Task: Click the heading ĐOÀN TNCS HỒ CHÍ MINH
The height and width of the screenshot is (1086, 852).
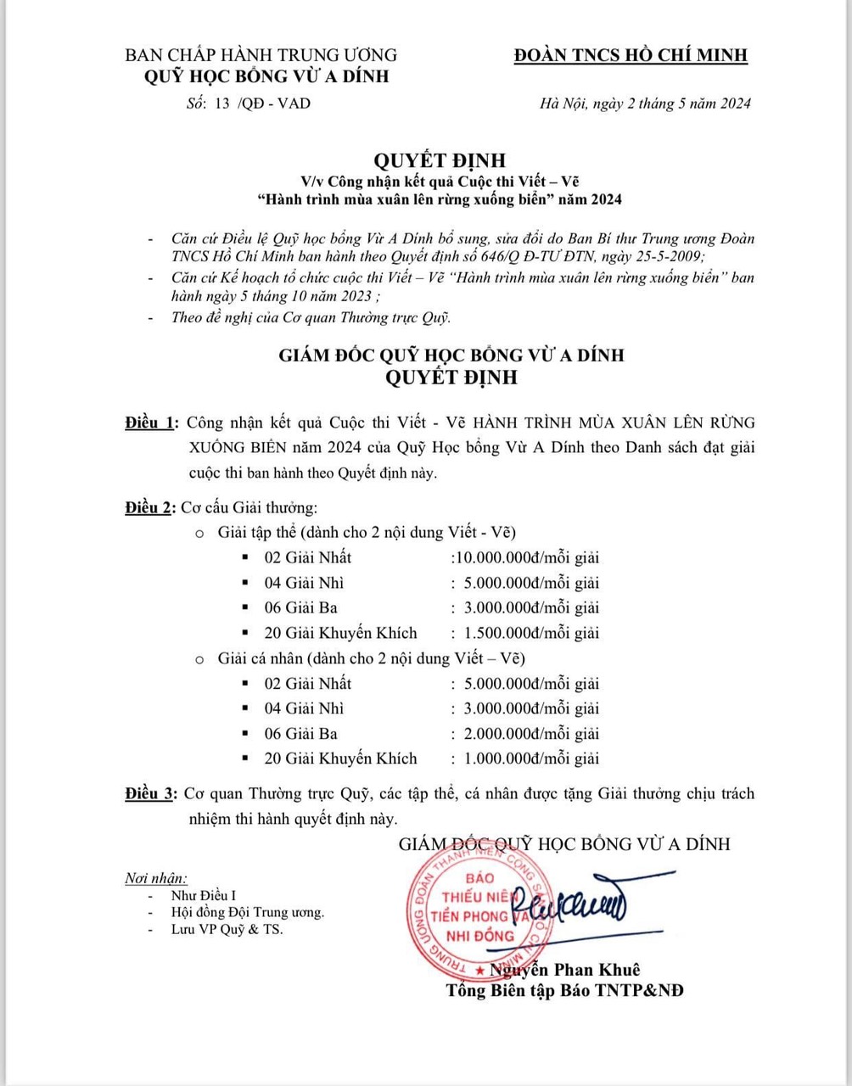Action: [631, 55]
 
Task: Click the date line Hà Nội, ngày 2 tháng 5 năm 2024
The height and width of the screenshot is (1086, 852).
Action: [645, 104]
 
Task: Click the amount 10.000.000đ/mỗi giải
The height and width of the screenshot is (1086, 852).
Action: [527, 557]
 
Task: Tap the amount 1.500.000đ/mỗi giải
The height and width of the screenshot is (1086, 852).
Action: [527, 633]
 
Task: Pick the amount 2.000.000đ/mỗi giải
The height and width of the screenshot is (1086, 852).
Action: [527, 734]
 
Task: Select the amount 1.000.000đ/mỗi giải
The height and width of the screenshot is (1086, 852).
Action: [527, 759]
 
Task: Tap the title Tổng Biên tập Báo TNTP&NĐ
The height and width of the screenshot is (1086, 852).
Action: [566, 991]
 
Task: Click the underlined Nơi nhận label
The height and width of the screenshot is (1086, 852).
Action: [156, 878]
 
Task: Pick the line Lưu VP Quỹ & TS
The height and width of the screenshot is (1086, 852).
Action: [227, 930]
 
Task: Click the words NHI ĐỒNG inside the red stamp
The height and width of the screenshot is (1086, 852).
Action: [481, 936]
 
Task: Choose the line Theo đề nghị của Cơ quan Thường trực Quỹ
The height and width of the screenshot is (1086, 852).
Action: [311, 318]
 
